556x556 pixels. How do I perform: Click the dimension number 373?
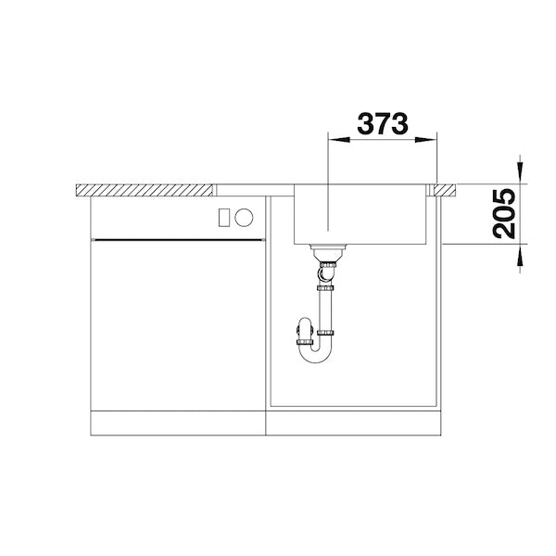[382, 124]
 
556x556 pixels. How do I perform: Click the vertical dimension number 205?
[504, 213]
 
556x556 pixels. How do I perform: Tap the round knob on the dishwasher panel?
[244, 217]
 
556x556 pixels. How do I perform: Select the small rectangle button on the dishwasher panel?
[224, 217]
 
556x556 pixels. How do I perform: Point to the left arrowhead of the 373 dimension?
[339, 140]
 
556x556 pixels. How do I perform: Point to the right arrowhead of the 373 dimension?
[425, 140]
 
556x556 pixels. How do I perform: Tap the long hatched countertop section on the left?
[145, 190]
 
